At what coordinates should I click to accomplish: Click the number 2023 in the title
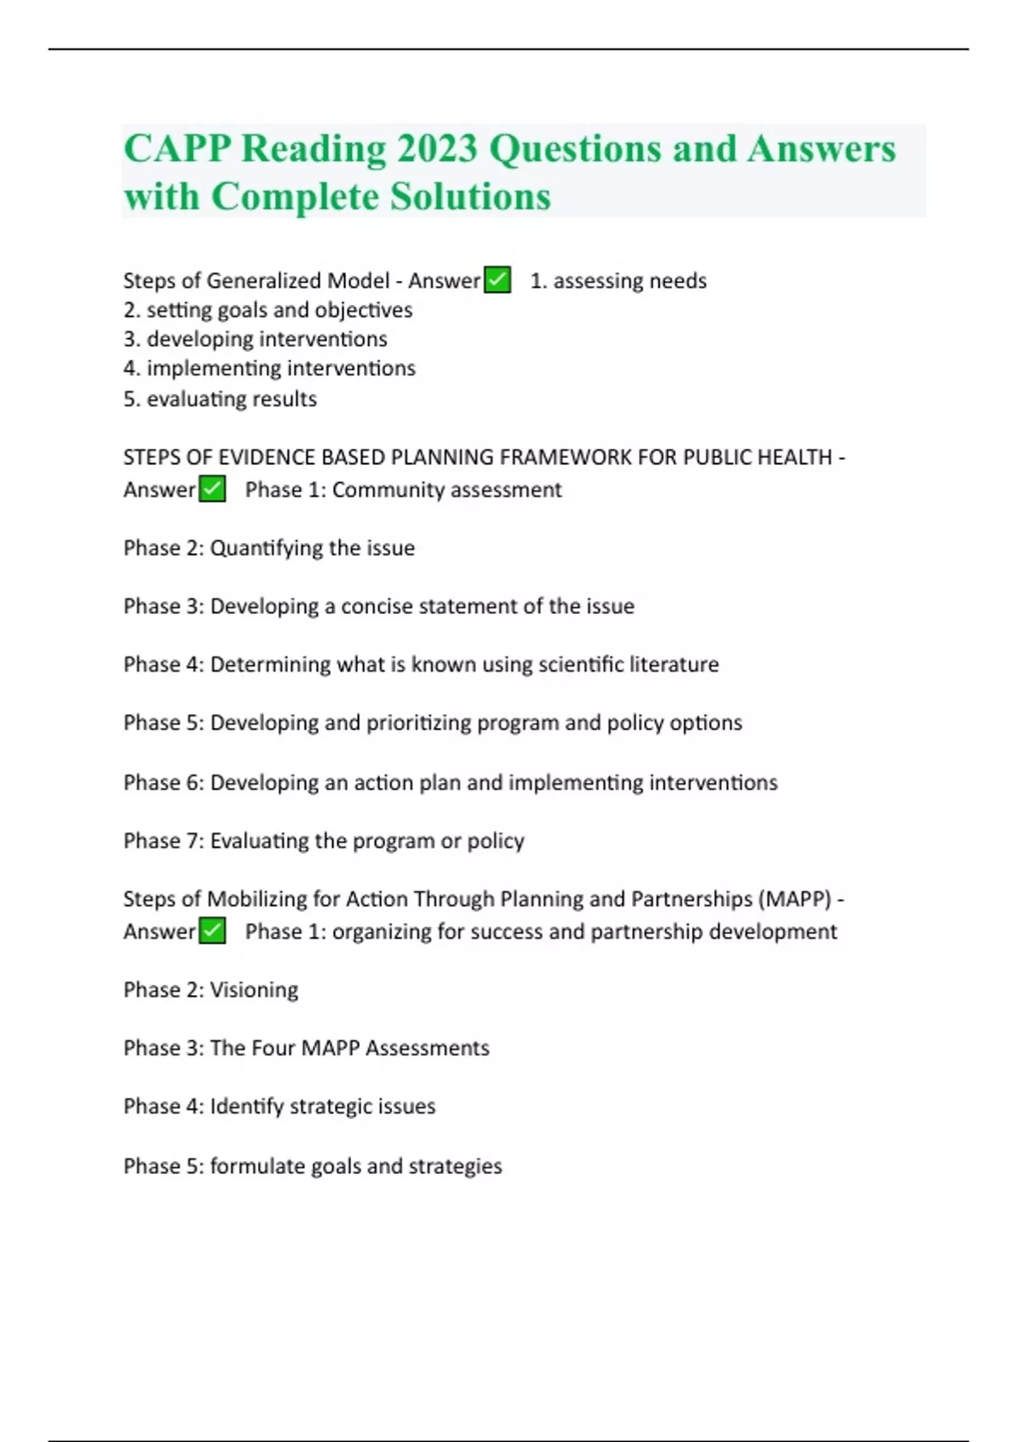(x=437, y=149)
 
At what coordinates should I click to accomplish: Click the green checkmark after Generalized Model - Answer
(x=497, y=280)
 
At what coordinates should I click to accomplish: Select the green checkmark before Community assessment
(x=212, y=489)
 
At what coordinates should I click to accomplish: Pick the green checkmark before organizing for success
(x=212, y=931)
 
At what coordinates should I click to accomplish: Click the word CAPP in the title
(x=176, y=149)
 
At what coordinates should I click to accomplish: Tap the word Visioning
(x=254, y=990)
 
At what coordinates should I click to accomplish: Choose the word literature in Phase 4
(x=674, y=664)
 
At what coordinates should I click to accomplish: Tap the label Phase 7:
(x=164, y=841)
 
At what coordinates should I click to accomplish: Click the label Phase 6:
(x=164, y=782)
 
